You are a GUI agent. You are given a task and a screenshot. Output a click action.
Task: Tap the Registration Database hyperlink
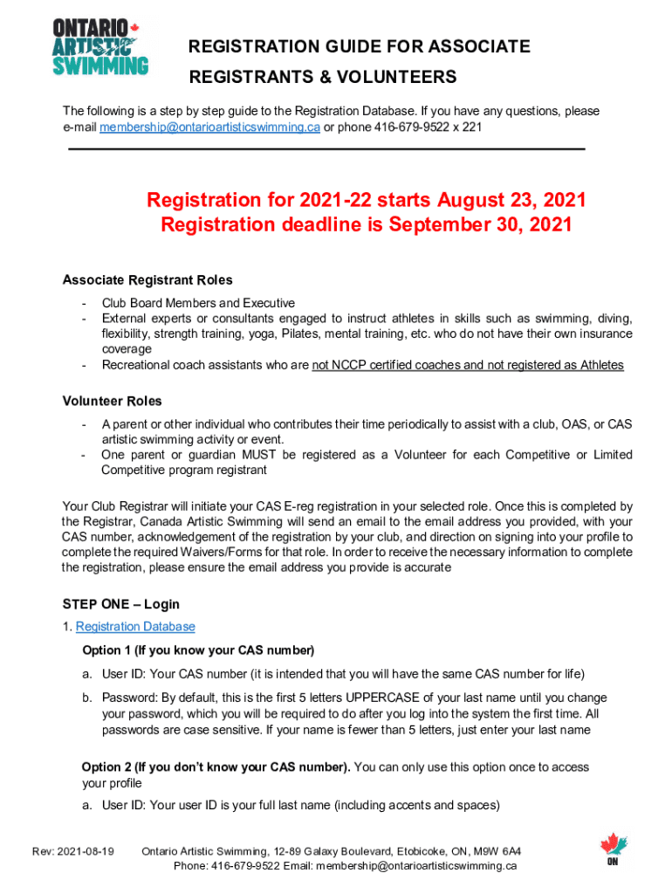coord(135,627)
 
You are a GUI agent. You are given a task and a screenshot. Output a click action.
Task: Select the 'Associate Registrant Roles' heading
coord(147,280)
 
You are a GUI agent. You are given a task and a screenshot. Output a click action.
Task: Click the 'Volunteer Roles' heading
coord(112,402)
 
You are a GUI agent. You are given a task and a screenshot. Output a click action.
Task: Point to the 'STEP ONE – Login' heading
coord(120,604)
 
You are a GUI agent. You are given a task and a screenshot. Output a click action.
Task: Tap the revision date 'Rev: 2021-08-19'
coord(79,851)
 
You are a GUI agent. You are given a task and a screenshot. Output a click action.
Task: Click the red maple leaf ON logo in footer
coord(614,849)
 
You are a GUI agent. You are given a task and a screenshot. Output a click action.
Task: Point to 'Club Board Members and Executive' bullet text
coord(198,303)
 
